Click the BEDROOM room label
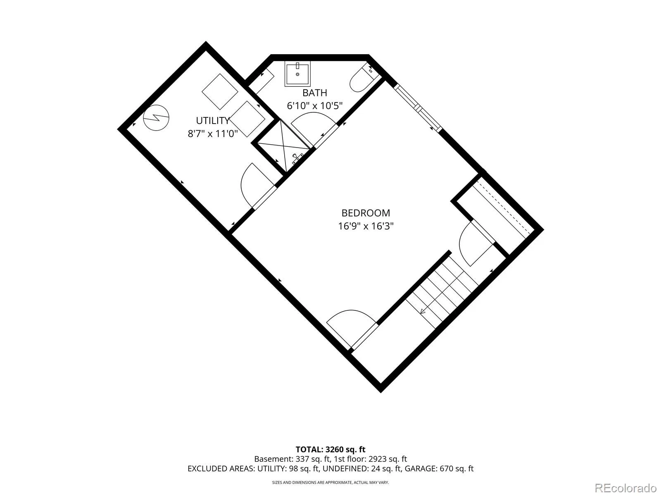point(366,213)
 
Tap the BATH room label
point(315,93)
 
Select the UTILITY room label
point(213,120)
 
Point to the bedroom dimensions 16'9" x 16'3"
point(366,226)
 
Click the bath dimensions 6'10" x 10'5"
point(315,106)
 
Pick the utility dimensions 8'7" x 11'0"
point(213,134)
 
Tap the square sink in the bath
point(297,74)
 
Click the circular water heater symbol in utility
point(156,117)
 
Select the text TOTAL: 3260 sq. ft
point(330,450)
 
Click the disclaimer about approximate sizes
point(330,482)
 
